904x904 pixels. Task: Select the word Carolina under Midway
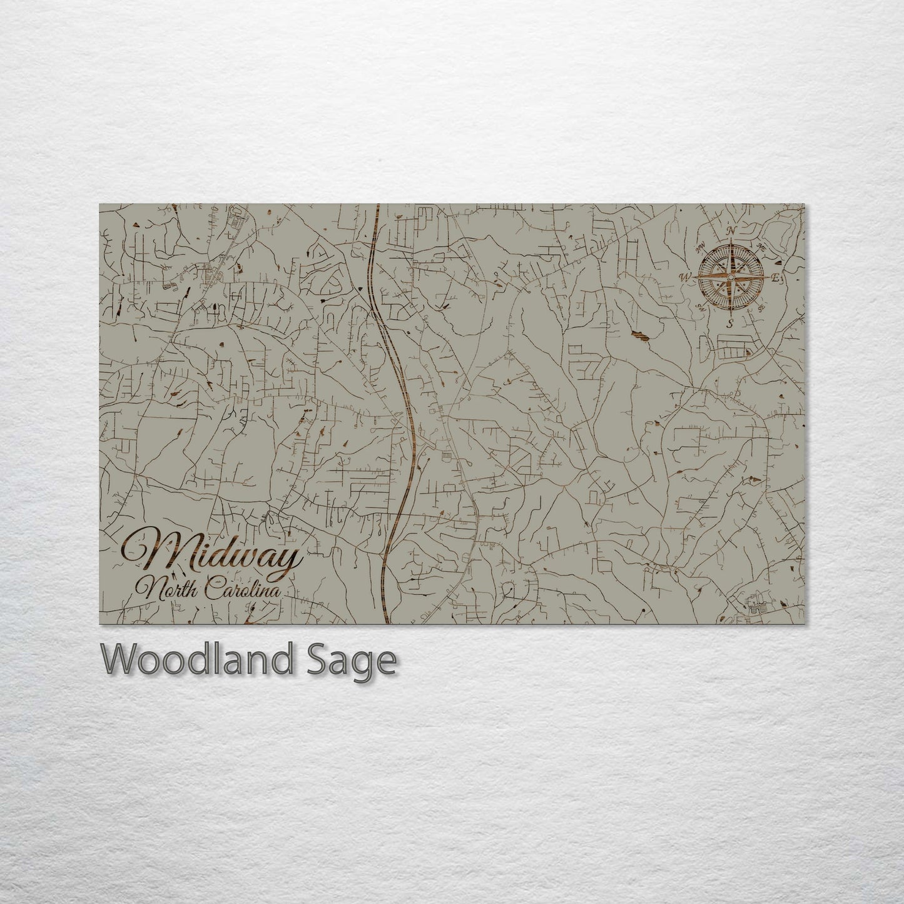[241, 589]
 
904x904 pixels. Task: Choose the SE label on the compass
[761, 308]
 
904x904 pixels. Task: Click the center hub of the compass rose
[731, 277]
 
